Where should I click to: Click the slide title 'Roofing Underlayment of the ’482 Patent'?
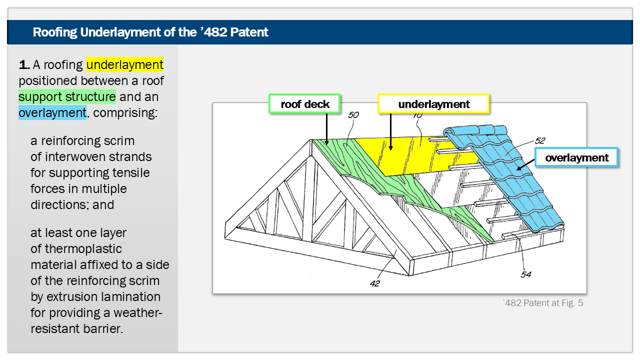click(150, 32)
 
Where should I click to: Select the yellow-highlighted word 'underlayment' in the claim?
click(125, 64)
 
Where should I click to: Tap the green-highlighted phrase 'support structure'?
click(67, 96)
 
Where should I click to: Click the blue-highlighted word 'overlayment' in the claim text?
click(52, 112)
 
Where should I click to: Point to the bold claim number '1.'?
click(24, 64)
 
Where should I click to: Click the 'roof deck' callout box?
click(305, 104)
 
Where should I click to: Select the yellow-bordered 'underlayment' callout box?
click(433, 104)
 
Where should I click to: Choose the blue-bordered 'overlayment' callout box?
click(576, 157)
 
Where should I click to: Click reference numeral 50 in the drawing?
click(353, 115)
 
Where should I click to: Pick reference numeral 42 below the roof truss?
click(375, 283)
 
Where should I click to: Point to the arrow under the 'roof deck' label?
click(326, 129)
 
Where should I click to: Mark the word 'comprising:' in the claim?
click(125, 112)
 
